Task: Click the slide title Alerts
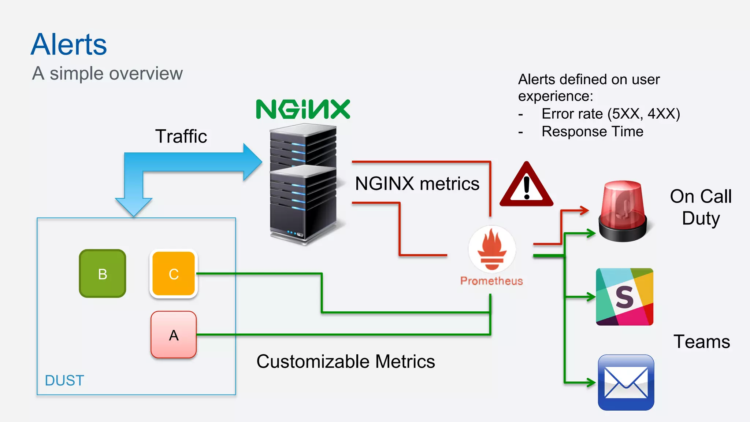click(69, 44)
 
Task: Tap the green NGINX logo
click(303, 109)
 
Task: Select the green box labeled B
click(103, 274)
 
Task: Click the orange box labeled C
click(174, 274)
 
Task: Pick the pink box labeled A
click(174, 335)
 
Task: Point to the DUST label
click(64, 381)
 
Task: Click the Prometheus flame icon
click(492, 249)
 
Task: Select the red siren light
click(623, 211)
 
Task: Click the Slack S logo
click(624, 297)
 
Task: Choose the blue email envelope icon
click(626, 382)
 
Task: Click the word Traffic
click(181, 136)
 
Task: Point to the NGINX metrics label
click(417, 184)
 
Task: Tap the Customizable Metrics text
click(346, 362)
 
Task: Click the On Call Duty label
click(701, 207)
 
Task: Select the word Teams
click(702, 342)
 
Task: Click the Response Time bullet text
click(592, 132)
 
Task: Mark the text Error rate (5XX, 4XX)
click(610, 114)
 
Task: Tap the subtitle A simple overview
click(107, 73)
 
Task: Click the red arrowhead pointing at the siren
click(584, 210)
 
